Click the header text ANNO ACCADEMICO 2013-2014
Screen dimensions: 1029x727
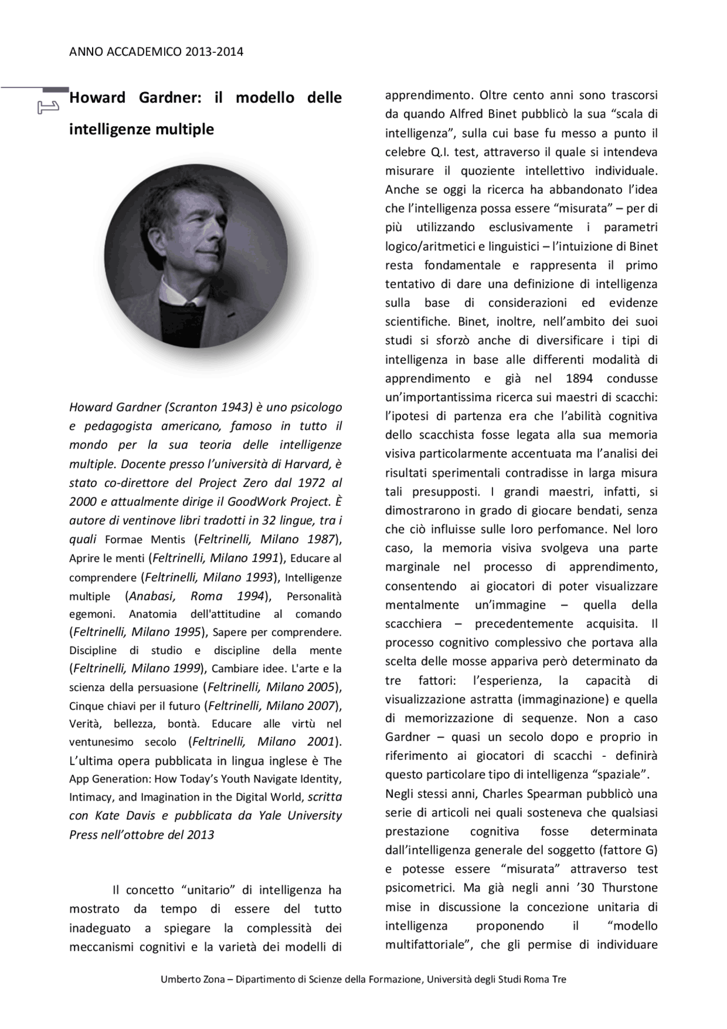coord(156,52)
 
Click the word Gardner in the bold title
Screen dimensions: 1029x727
coord(170,98)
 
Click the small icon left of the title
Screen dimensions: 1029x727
coord(48,106)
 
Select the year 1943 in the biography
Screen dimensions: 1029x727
coord(237,407)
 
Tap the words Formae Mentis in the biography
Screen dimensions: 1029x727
coord(145,539)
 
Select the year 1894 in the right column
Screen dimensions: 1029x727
coord(579,378)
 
